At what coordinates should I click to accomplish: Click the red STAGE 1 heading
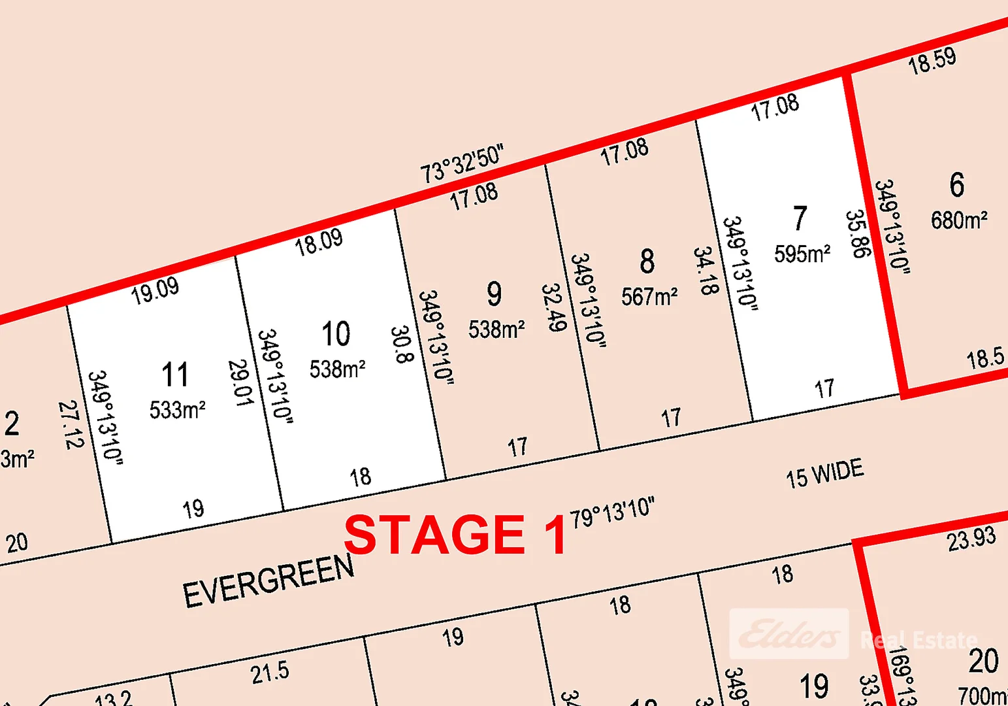[x=455, y=534]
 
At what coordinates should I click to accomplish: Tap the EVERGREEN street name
[x=268, y=580]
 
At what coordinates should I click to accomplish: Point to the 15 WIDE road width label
[x=824, y=473]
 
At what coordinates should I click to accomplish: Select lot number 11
[x=175, y=375]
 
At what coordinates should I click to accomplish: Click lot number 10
[x=336, y=334]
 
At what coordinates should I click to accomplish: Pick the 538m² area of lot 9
[x=496, y=329]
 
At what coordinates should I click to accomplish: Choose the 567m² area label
[x=649, y=297]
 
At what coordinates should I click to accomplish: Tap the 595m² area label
[x=802, y=254]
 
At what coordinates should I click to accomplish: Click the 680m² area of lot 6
[x=959, y=220]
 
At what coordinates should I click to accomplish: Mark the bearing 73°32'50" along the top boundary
[x=462, y=163]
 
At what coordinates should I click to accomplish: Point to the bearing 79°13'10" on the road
[x=612, y=512]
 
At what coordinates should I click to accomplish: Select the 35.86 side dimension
[x=858, y=234]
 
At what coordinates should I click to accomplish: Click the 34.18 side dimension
[x=706, y=271]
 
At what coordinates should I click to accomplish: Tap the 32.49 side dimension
[x=553, y=307]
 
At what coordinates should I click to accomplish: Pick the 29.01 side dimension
[x=240, y=382]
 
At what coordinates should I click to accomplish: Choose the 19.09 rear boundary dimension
[x=155, y=290]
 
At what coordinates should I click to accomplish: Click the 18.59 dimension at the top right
[x=932, y=61]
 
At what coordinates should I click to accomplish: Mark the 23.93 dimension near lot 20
[x=971, y=539]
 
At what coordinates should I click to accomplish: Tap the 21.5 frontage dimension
[x=269, y=673]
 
